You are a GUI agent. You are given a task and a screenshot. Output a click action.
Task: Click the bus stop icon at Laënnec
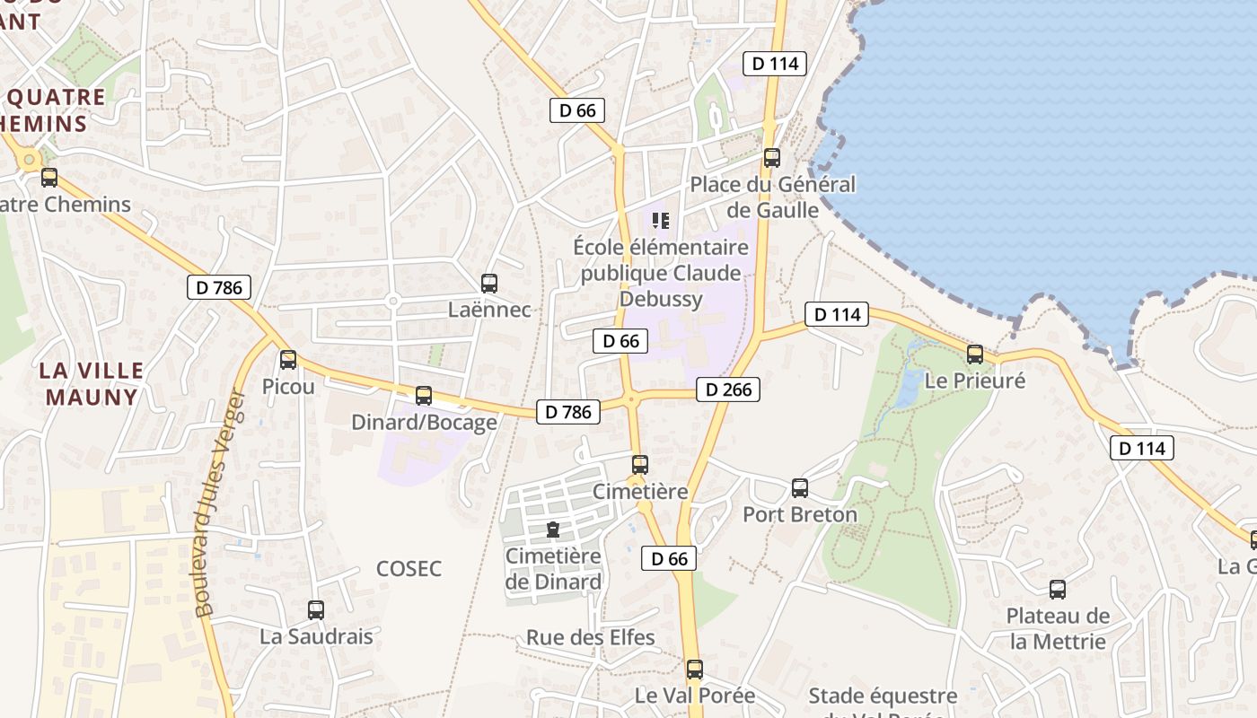tap(489, 284)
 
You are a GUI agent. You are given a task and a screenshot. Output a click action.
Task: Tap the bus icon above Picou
tap(288, 360)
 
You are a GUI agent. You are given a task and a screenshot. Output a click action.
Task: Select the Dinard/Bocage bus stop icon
tap(424, 396)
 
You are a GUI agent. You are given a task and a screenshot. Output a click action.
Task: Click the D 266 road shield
tap(728, 390)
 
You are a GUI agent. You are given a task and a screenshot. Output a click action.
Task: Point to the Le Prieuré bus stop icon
tap(975, 355)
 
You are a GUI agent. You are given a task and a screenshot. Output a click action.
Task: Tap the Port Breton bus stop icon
tap(800, 488)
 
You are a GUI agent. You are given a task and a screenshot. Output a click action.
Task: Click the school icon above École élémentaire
tap(662, 220)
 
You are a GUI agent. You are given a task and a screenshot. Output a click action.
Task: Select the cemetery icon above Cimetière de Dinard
tap(553, 530)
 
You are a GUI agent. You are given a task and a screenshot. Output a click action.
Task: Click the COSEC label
tap(409, 568)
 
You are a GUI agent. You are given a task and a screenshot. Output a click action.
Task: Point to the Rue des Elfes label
tap(591, 638)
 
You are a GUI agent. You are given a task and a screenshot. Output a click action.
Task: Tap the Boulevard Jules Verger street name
tap(219, 503)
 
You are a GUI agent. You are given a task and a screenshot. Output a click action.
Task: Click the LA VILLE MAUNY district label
tap(92, 383)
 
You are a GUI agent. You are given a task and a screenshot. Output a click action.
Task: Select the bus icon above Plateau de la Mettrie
tap(1058, 590)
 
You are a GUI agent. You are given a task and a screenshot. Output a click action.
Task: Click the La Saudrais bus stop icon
tap(316, 610)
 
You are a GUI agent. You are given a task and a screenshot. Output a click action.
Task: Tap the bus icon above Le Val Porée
tap(695, 670)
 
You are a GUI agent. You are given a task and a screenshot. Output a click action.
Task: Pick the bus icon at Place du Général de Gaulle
tap(772, 158)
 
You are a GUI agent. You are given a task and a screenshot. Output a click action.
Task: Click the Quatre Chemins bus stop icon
tap(49, 178)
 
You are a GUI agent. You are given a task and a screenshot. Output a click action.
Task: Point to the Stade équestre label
tap(883, 696)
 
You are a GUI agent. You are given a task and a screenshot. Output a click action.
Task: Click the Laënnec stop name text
tap(489, 311)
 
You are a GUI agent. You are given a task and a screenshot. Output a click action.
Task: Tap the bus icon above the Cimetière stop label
tap(640, 465)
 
